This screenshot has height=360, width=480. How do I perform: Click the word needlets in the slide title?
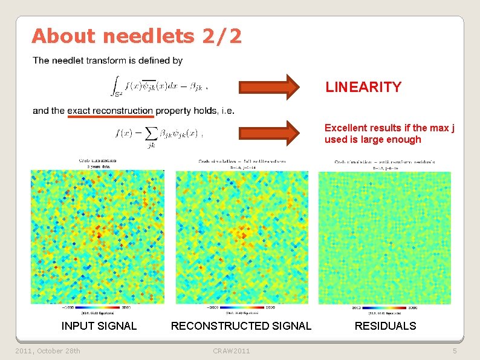point(148,36)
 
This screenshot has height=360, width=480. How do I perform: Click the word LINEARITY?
point(363,87)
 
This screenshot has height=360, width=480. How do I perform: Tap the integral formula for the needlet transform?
point(158,85)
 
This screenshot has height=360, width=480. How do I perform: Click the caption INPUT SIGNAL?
point(99,326)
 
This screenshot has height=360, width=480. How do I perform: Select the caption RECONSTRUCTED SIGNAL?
point(241,326)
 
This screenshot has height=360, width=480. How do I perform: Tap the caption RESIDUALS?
point(385,326)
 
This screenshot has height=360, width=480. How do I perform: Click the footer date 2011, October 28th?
point(48,351)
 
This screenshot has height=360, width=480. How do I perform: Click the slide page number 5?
point(455,351)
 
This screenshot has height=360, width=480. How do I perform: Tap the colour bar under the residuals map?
point(385,307)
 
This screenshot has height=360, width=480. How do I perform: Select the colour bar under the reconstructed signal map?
point(242,307)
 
